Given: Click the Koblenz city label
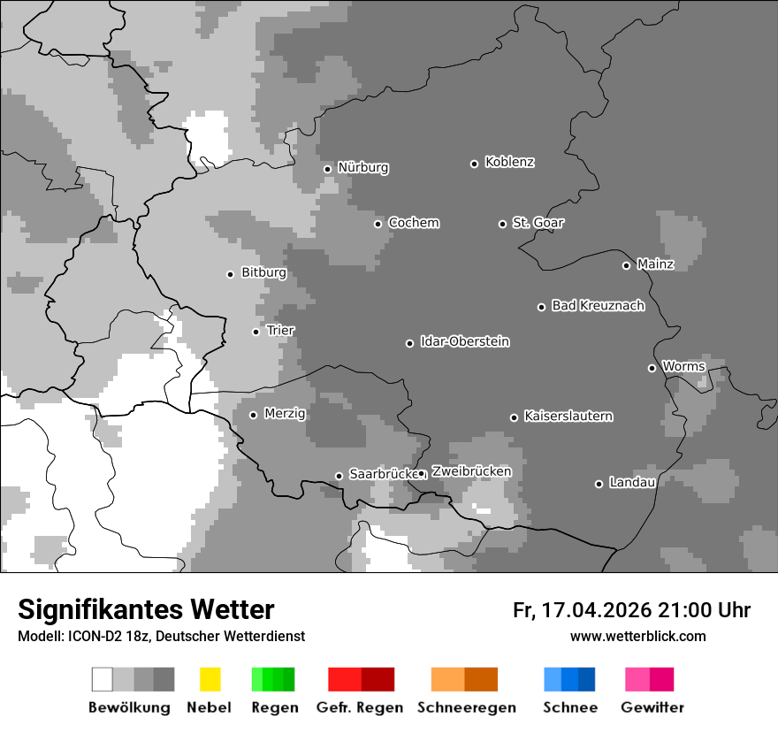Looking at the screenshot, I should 509,162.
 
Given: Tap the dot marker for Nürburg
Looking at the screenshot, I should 327,169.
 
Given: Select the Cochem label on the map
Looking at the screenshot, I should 413,223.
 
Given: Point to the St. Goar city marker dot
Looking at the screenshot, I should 502,224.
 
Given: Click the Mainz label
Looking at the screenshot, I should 655,264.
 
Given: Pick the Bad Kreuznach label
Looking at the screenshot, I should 598,306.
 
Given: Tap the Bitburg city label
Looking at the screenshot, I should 263,273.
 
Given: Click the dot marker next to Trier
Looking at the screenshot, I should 256,332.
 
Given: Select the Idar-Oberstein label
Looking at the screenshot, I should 464,342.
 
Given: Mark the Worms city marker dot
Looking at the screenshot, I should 652,368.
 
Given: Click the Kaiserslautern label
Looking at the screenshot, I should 568,417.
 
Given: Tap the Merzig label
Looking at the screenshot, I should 285,414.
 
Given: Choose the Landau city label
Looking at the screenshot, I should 632,483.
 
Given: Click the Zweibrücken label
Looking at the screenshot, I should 471,472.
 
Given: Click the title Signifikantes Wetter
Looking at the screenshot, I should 146,610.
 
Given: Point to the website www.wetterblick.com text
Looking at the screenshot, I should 637,637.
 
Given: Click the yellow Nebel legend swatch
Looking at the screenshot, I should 210,679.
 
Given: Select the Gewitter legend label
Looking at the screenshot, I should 652,707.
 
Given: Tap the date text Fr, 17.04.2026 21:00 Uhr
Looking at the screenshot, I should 631,610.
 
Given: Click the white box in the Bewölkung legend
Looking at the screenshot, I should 103,679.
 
